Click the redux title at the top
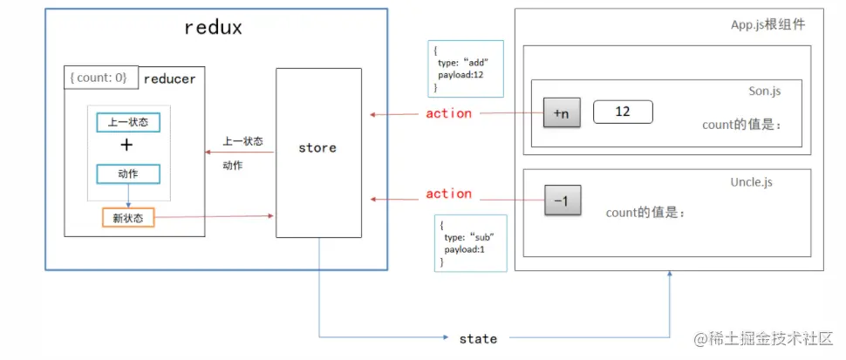tap(213, 27)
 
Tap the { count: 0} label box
tap(99, 78)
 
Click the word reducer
tap(169, 79)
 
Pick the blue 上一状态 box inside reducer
tap(128, 122)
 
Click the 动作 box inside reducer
tap(128, 173)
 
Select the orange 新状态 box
tap(127, 218)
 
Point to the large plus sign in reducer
tap(127, 146)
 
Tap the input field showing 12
tap(623, 112)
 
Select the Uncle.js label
tap(751, 181)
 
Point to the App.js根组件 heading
tap(768, 25)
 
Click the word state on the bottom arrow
tap(478, 338)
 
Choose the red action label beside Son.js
tap(448, 113)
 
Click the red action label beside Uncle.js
tap(448, 194)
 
